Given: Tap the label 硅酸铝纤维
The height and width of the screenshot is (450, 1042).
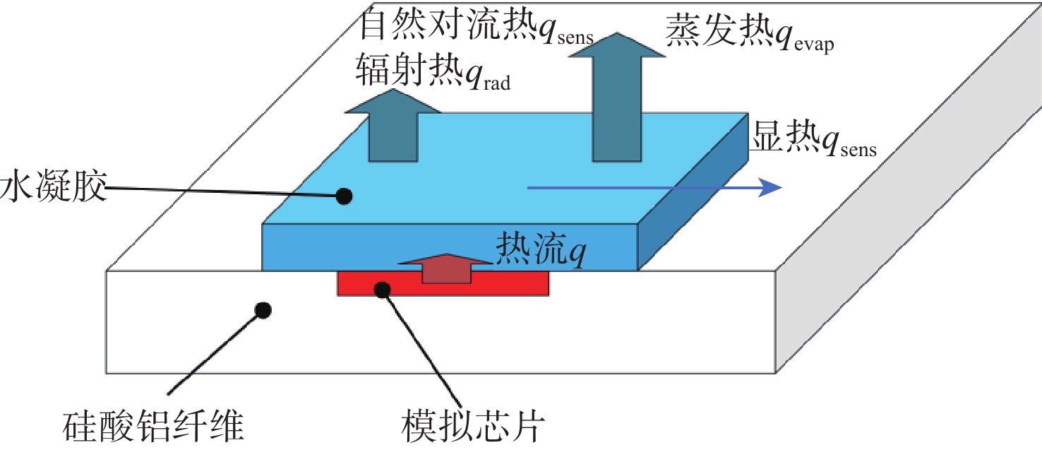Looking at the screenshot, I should [152, 426].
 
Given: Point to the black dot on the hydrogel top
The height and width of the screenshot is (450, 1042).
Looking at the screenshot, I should [344, 196].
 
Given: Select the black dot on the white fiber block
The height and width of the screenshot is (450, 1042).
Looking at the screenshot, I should [263, 309].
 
